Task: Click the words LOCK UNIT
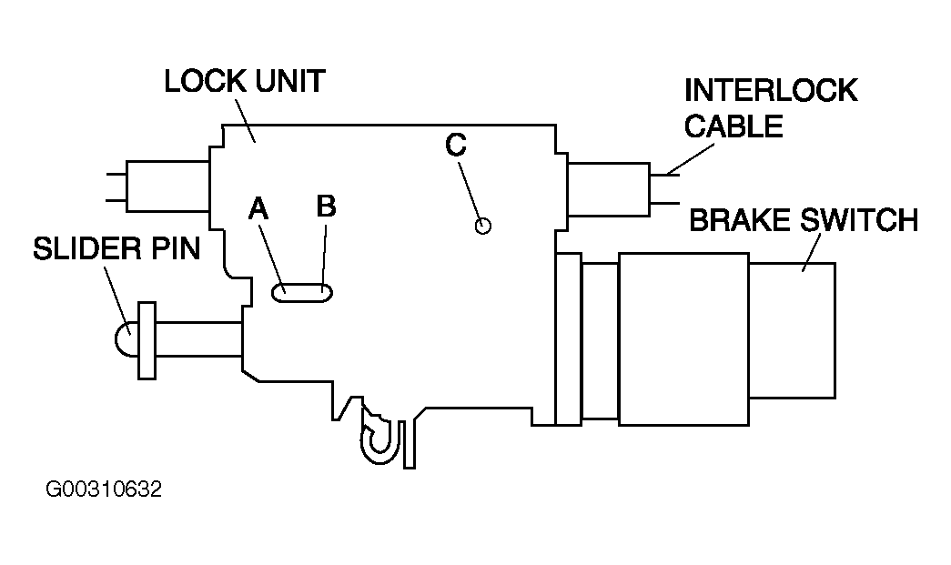coord(245,81)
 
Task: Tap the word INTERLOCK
coord(771,90)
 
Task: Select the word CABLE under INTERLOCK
coord(733,126)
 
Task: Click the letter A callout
coord(258,208)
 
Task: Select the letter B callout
coord(327,207)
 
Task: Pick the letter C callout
coord(456,145)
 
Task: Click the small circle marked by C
coord(482,227)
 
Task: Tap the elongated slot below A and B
coord(302,293)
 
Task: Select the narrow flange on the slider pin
coord(147,340)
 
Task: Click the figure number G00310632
coord(104,489)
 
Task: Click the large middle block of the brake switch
coord(683,338)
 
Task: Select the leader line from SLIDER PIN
coord(116,299)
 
